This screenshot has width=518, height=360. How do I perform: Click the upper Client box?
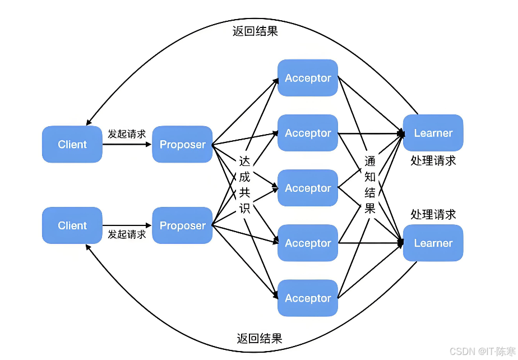click(x=72, y=145)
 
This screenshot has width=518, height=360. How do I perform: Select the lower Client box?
click(x=72, y=225)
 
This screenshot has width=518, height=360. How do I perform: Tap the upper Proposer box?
click(x=182, y=145)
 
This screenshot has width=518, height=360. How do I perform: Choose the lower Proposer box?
click(x=182, y=225)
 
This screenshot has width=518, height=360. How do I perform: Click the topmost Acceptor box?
click(x=308, y=78)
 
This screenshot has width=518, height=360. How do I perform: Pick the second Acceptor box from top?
click(x=308, y=133)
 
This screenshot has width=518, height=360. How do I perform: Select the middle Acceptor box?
click(x=308, y=188)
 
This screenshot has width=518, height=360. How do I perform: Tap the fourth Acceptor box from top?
click(x=308, y=243)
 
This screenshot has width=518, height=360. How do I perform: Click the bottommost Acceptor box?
click(x=308, y=298)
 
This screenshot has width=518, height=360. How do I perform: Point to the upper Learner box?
click(x=433, y=133)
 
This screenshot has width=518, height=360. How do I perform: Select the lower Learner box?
click(x=433, y=243)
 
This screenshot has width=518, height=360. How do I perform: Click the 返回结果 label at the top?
click(x=255, y=31)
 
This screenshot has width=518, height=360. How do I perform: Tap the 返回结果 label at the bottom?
click(x=259, y=338)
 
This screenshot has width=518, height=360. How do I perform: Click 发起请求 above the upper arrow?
click(x=127, y=134)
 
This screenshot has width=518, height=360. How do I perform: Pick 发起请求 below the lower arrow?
click(x=127, y=234)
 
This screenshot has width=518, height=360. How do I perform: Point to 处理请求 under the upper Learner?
click(x=433, y=161)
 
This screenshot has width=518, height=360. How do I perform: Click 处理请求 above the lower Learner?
click(x=433, y=214)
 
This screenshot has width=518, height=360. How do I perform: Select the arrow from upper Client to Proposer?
click(x=127, y=144)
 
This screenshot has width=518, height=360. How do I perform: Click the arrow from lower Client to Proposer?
click(x=127, y=225)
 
